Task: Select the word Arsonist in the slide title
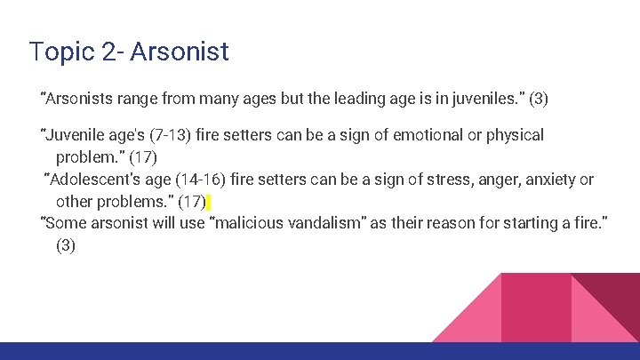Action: (x=180, y=52)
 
